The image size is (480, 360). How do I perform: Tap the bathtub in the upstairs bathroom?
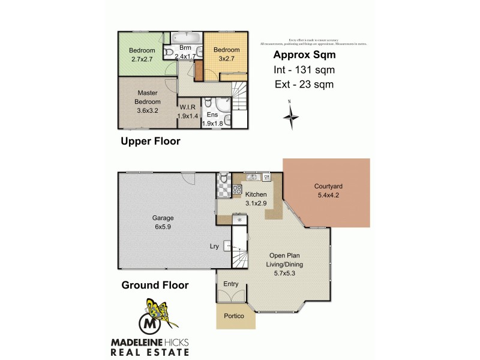click(187, 37)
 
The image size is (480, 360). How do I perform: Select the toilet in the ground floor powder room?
click(223, 178)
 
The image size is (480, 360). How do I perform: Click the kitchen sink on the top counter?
click(253, 177)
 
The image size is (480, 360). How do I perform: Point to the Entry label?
click(231, 284)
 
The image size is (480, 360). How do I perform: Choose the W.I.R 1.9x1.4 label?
click(187, 112)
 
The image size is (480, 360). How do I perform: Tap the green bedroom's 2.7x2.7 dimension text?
click(143, 59)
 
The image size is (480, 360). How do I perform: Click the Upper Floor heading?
click(150, 142)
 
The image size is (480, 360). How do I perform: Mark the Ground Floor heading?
click(155, 285)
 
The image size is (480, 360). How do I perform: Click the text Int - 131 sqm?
click(304, 70)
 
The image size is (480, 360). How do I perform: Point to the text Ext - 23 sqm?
click(304, 85)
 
